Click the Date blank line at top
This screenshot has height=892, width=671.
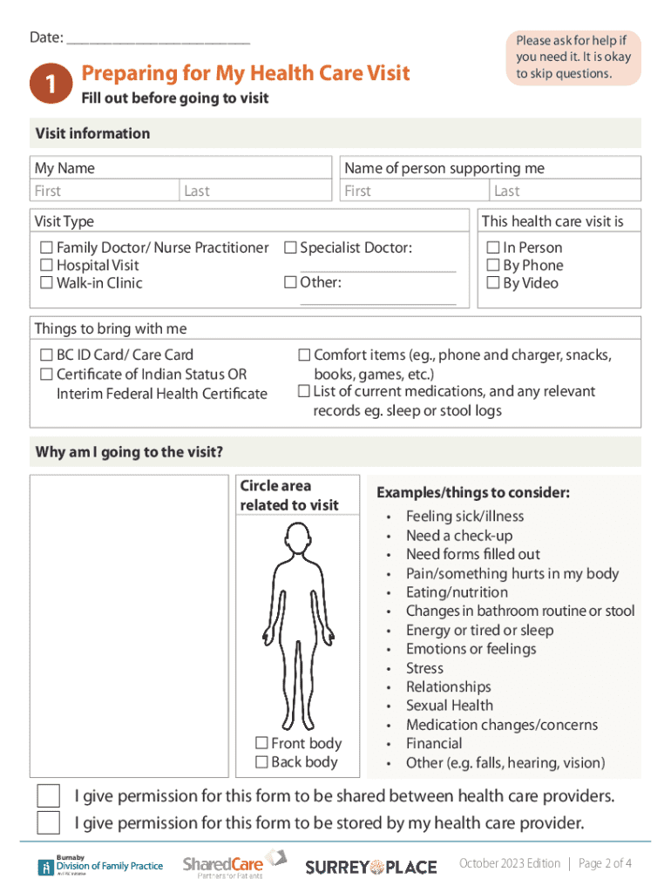[x=158, y=40]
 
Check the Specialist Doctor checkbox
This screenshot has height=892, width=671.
[x=290, y=248]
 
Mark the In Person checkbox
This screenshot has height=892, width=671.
[x=493, y=248]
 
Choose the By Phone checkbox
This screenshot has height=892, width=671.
[x=493, y=266]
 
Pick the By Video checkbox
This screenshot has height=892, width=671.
[x=493, y=283]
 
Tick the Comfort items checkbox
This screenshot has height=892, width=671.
[x=304, y=355]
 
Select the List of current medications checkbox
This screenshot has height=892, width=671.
[x=304, y=391]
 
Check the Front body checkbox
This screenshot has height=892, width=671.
[x=261, y=743]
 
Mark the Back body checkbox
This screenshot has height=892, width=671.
[x=261, y=762]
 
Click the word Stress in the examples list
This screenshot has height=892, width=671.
[x=424, y=668]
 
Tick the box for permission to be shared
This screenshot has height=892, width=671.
[x=49, y=796]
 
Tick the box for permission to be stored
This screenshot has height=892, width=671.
[x=49, y=822]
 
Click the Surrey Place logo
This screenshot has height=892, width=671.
[x=370, y=866]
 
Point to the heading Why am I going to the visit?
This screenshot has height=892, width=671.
[x=129, y=452]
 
